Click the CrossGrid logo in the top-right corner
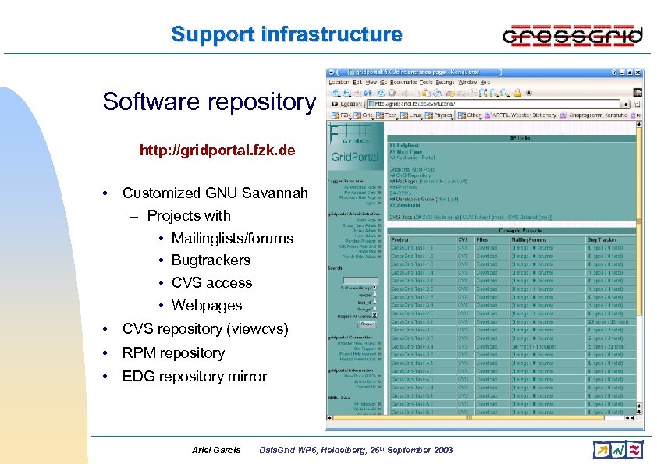click(x=572, y=35)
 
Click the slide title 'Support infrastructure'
click(x=286, y=34)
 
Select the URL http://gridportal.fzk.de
click(x=217, y=150)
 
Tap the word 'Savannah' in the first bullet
click(x=277, y=193)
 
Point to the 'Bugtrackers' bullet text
click(x=211, y=260)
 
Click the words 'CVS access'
click(x=211, y=283)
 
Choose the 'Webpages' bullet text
click(x=207, y=306)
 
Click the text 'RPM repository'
click(x=173, y=352)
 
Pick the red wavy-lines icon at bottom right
click(x=635, y=449)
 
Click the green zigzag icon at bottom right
click(x=619, y=449)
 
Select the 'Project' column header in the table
click(x=400, y=239)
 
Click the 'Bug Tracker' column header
click(x=604, y=239)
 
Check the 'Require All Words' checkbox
click(x=375, y=316)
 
